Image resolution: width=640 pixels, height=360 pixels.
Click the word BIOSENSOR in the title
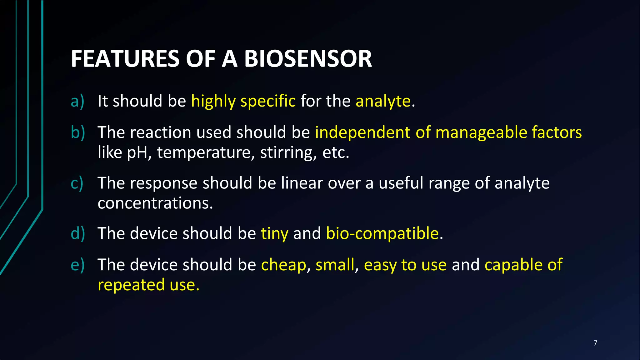click(308, 59)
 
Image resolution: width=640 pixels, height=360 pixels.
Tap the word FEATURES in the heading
click(125, 59)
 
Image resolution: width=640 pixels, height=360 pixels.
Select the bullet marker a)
click(77, 101)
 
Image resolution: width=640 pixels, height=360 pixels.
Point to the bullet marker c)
click(77, 183)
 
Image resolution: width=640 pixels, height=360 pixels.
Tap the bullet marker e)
click(77, 265)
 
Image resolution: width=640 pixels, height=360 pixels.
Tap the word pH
click(137, 153)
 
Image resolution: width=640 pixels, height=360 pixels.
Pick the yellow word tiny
click(274, 234)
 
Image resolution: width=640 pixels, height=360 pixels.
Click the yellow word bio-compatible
click(382, 234)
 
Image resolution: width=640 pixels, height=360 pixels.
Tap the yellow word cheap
click(283, 265)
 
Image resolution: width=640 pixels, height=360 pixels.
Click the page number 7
click(595, 343)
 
